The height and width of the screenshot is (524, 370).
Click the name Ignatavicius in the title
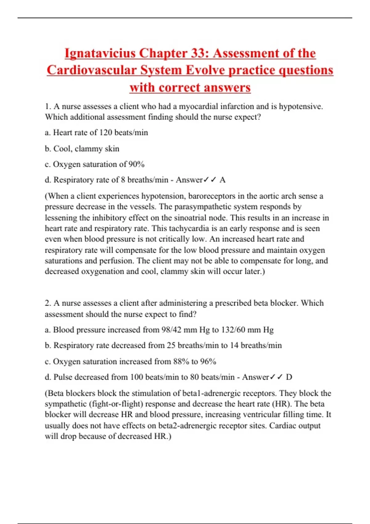pyautogui.click(x=100, y=53)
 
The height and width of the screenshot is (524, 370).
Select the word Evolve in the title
pyautogui.click(x=205, y=70)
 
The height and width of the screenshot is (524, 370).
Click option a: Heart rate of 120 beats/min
pyautogui.click(x=96, y=133)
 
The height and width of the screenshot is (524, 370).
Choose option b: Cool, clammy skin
pyautogui.click(x=82, y=149)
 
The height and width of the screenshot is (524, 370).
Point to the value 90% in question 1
pyautogui.click(x=136, y=164)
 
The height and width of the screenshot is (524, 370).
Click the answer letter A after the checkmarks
pyautogui.click(x=223, y=180)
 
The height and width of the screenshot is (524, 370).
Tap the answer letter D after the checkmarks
pyautogui.click(x=289, y=377)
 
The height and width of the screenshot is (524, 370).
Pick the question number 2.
pyautogui.click(x=48, y=303)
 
